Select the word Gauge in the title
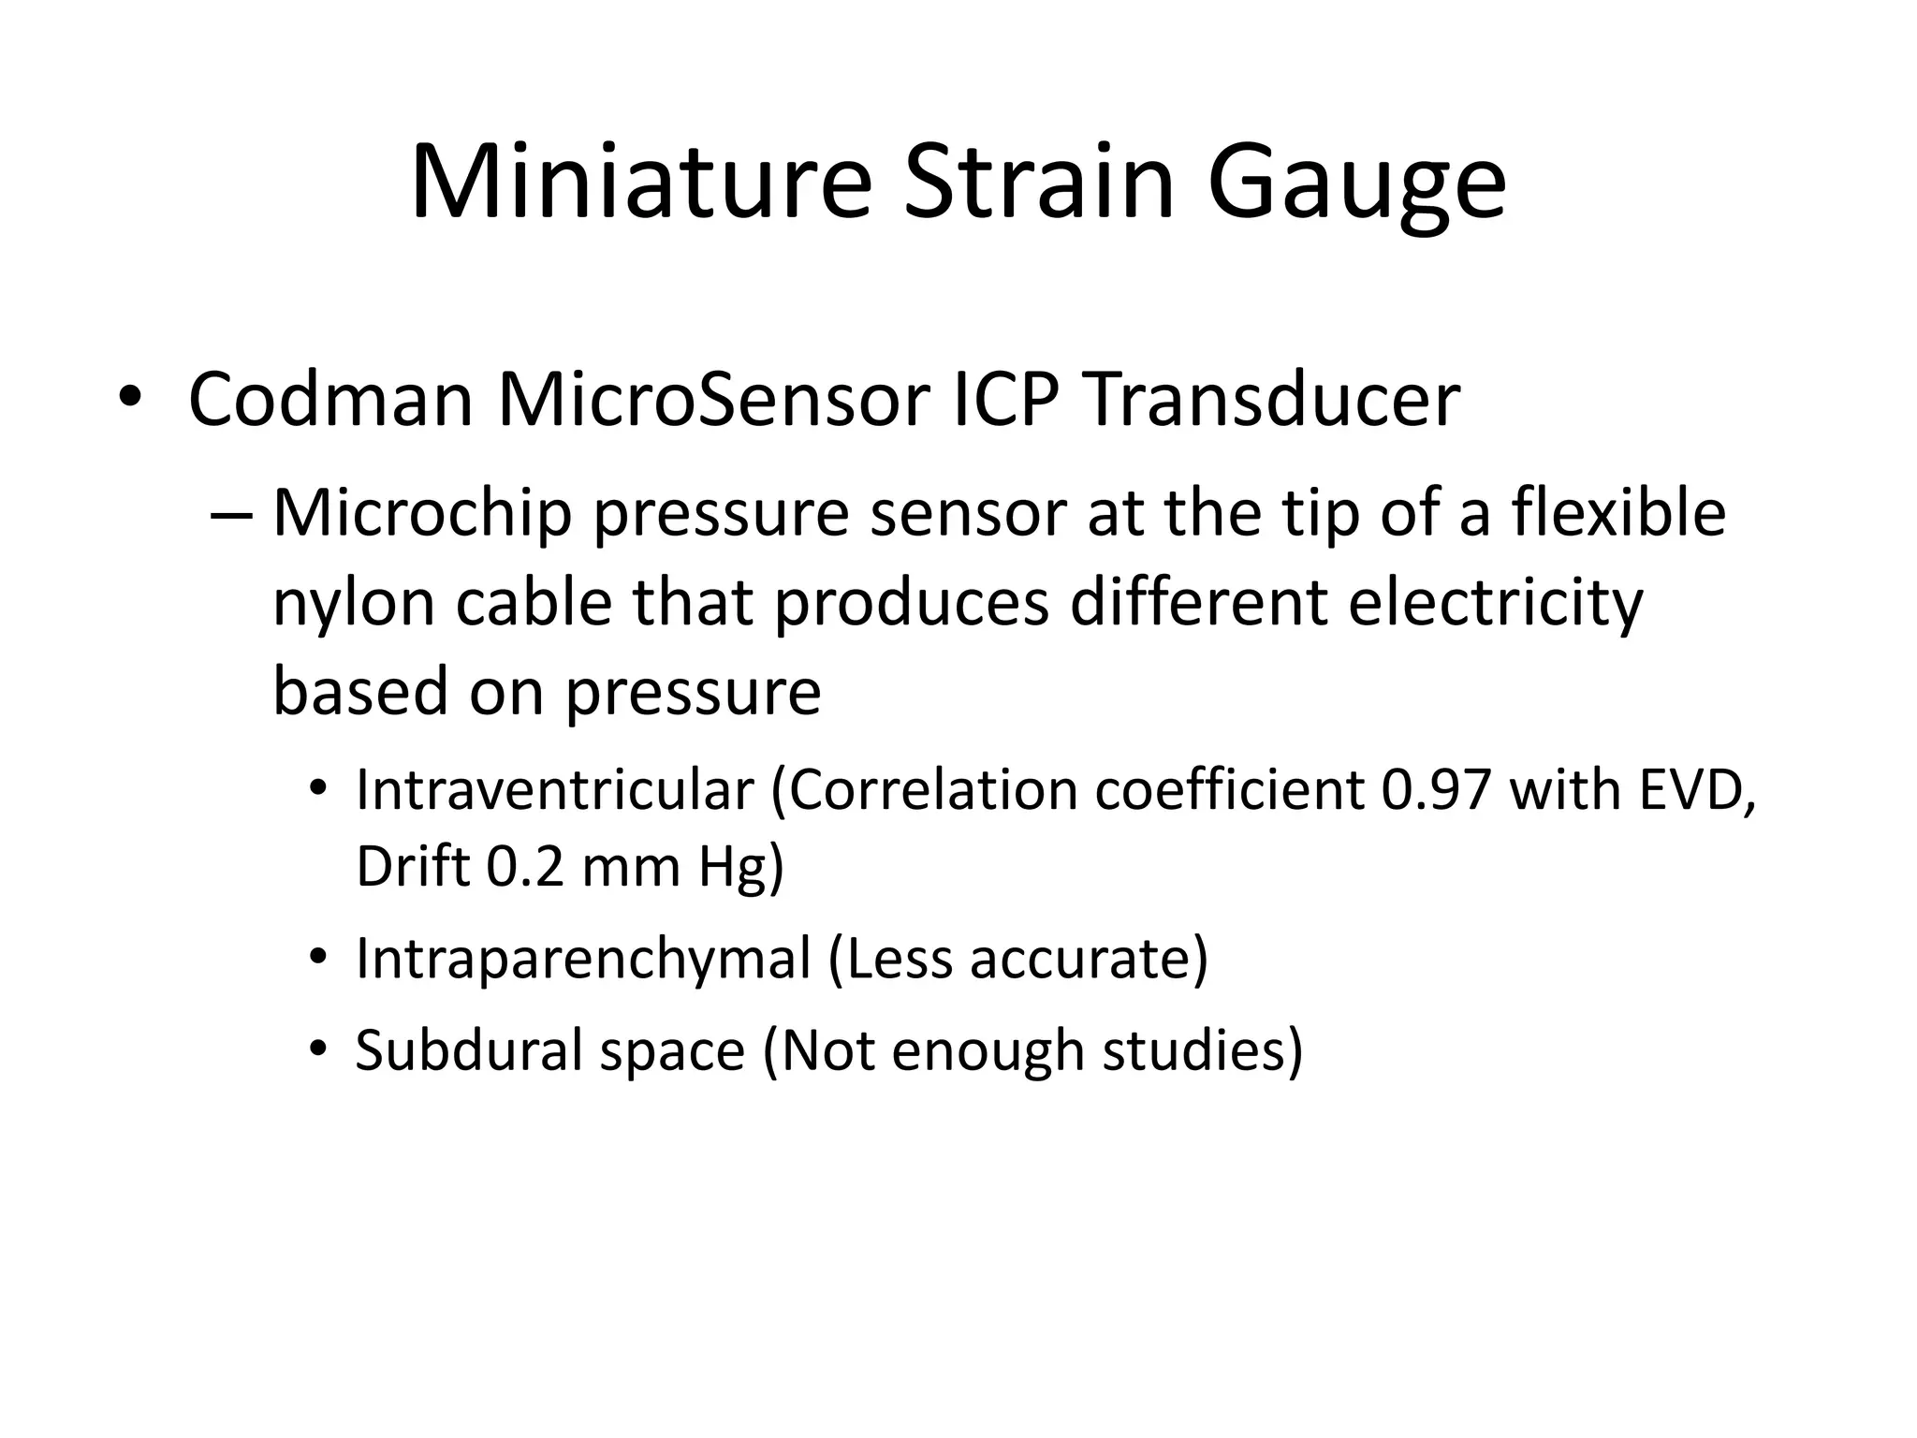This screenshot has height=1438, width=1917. pos(1356,184)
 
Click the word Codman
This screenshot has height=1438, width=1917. pos(330,401)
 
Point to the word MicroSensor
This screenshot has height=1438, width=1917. pos(712,401)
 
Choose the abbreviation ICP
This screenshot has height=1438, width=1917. pos(1004,401)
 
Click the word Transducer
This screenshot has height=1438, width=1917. pos(1271,401)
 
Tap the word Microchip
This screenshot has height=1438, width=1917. pos(422,515)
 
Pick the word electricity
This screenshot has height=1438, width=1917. pos(1495,602)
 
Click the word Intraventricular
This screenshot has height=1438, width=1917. pos(554,789)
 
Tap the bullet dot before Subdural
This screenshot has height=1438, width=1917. pos(318,1048)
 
